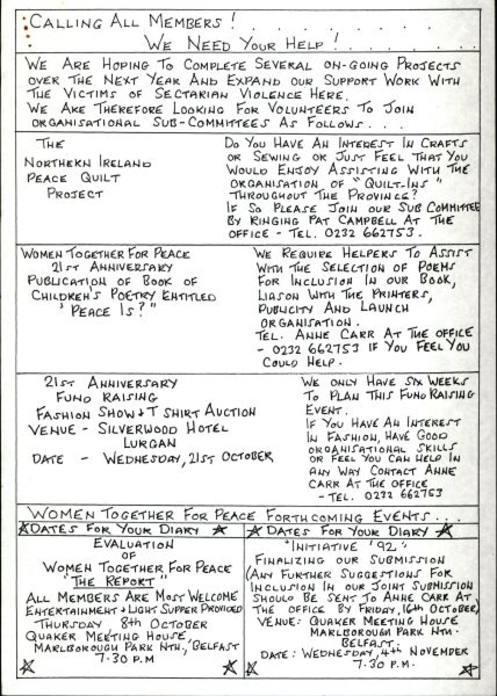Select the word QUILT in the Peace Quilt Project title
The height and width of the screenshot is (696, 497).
100,178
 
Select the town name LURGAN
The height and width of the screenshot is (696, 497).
150,443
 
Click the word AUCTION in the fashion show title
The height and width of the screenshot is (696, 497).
230,412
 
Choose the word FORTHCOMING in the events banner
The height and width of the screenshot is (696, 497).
314,516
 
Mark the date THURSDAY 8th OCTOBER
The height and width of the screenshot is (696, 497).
120,624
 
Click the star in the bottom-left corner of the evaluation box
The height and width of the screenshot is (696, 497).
27,667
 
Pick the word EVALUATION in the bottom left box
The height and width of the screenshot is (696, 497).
133,544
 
